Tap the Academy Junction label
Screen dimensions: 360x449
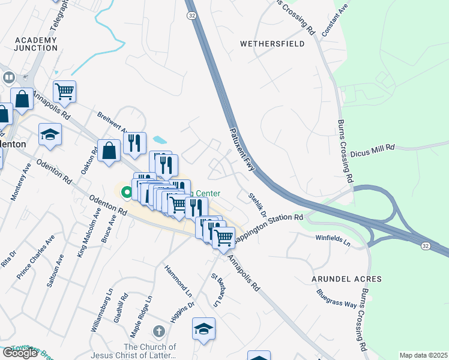coord(35,44)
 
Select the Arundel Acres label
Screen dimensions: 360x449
coord(346,280)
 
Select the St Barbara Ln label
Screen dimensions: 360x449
coord(217,290)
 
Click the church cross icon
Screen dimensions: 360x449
coord(158,331)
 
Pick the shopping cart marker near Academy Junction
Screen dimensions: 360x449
coord(64,91)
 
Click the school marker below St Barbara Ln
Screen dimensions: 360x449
coord(203,328)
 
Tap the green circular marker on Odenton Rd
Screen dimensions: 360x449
coord(127,193)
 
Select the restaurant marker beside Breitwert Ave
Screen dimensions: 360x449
coord(135,143)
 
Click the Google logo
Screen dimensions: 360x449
coord(20,353)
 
